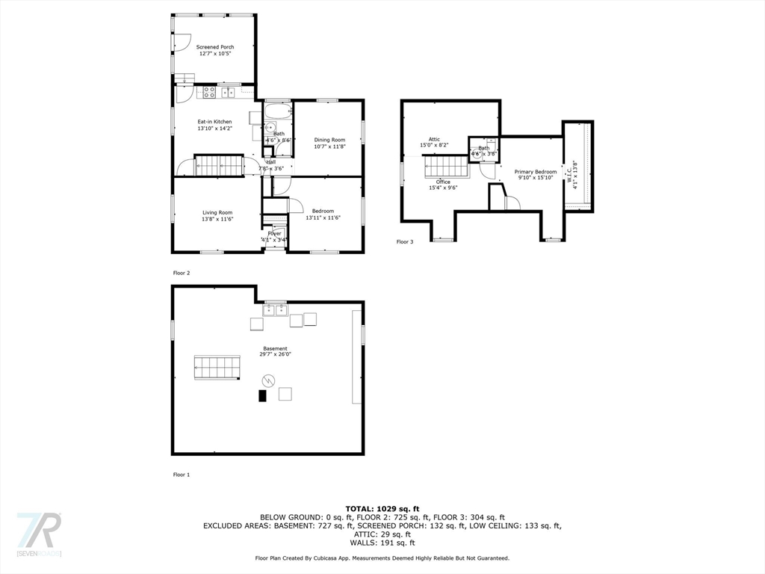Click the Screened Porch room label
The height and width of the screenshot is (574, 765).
215,47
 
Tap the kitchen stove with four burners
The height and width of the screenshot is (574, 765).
210,93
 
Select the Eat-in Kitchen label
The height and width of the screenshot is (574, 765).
214,122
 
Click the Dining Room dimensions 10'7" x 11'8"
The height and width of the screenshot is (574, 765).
329,146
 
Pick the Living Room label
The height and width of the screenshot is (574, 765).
217,212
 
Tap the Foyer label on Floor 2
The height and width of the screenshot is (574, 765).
275,233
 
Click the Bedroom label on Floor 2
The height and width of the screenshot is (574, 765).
323,212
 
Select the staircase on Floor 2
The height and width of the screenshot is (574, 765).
219,165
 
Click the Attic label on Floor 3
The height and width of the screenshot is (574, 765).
434,139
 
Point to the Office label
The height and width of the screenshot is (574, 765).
443,182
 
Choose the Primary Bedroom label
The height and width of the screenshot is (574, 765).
536,172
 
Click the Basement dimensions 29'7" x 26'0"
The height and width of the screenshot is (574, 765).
275,355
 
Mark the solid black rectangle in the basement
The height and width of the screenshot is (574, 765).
262,396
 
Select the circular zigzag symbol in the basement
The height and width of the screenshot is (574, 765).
262,380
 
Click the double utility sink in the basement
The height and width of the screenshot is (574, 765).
274,311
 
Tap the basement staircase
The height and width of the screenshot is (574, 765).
217,367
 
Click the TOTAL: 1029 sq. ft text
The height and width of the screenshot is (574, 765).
382,507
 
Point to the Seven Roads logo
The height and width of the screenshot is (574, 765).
39,534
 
